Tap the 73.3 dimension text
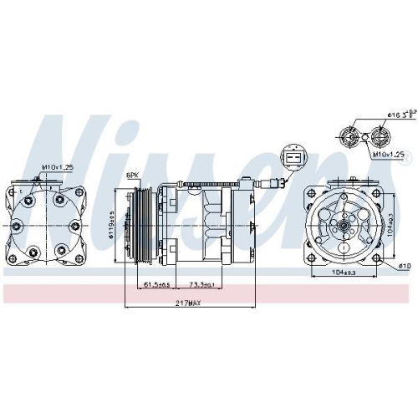[x=201, y=285]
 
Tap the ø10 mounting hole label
[x=405, y=267]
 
